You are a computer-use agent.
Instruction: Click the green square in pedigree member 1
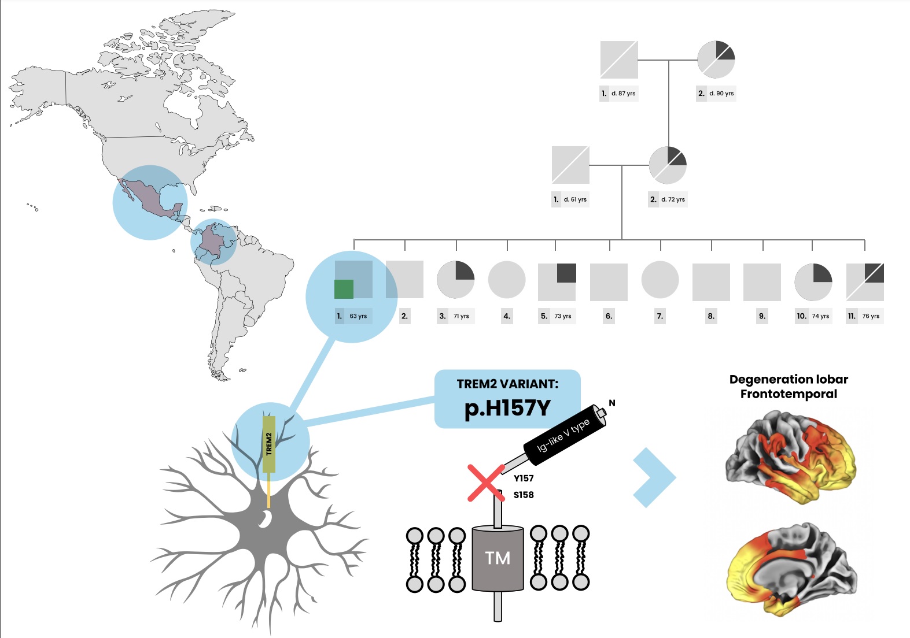(344, 289)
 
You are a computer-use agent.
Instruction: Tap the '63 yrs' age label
(358, 316)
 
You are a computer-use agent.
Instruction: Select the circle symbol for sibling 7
(660, 280)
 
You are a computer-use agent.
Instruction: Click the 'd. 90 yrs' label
(721, 93)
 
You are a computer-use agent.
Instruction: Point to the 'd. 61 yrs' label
(575, 199)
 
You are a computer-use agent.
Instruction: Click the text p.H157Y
(507, 408)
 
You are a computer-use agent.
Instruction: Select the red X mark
(485, 483)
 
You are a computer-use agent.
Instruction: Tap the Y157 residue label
(524, 478)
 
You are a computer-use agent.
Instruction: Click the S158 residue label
(524, 495)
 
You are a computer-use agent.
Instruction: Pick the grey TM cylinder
(498, 558)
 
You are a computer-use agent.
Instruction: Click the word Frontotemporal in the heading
(789, 394)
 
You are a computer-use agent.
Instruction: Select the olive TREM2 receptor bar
(269, 444)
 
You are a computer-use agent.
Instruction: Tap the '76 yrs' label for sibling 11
(871, 316)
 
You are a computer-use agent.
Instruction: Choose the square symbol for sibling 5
(557, 283)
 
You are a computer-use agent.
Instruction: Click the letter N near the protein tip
(612, 403)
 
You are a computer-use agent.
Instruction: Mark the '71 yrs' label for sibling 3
(461, 316)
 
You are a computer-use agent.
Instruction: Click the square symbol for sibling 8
(711, 283)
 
